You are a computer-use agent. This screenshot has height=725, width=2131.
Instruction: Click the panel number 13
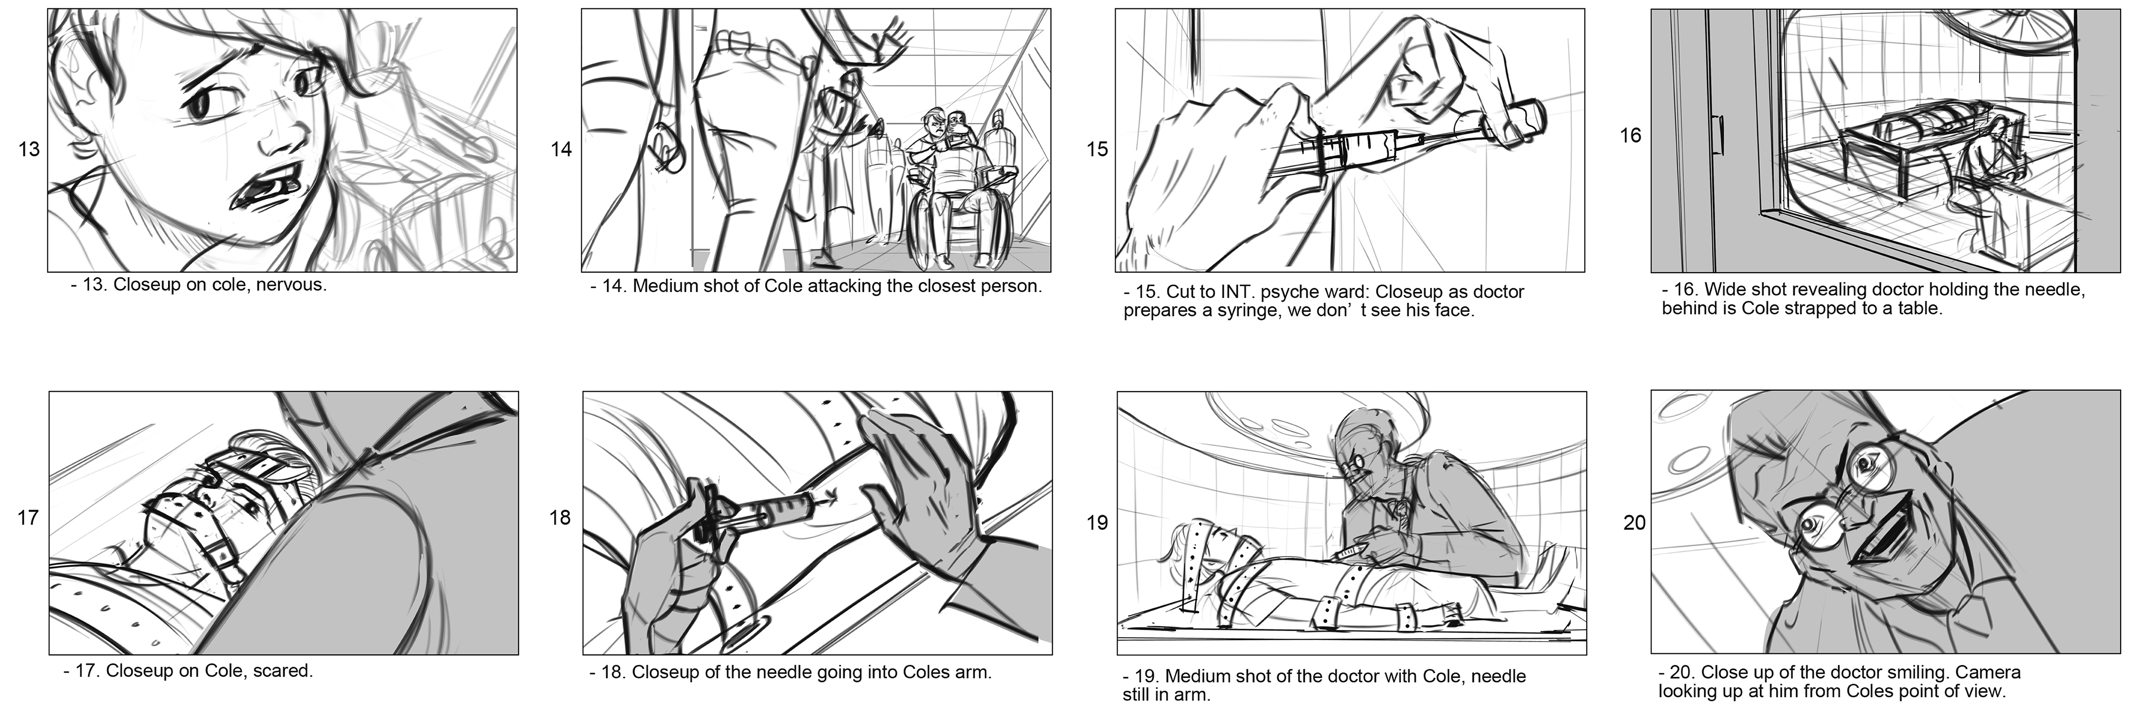pyautogui.click(x=29, y=150)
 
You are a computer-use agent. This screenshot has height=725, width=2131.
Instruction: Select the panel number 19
pyautogui.click(x=1097, y=524)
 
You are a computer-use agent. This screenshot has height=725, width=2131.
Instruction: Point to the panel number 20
pyautogui.click(x=1635, y=524)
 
